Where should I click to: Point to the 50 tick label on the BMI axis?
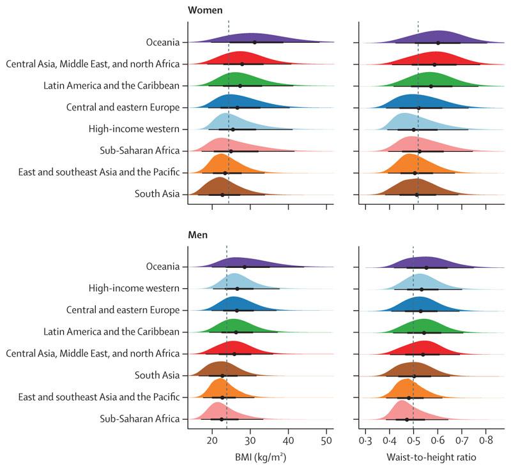click(x=326, y=440)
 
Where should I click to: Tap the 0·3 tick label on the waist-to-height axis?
click(x=365, y=440)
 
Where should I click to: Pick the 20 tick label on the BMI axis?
click(x=212, y=440)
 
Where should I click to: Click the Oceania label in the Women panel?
click(x=162, y=42)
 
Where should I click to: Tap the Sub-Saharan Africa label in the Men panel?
click(x=140, y=419)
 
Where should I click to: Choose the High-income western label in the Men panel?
click(x=134, y=288)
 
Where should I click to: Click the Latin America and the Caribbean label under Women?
click(x=111, y=85)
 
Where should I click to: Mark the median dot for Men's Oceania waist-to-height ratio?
click(x=427, y=267)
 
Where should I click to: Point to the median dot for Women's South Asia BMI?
click(x=222, y=194)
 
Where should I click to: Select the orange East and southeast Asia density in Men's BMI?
click(x=220, y=389)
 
